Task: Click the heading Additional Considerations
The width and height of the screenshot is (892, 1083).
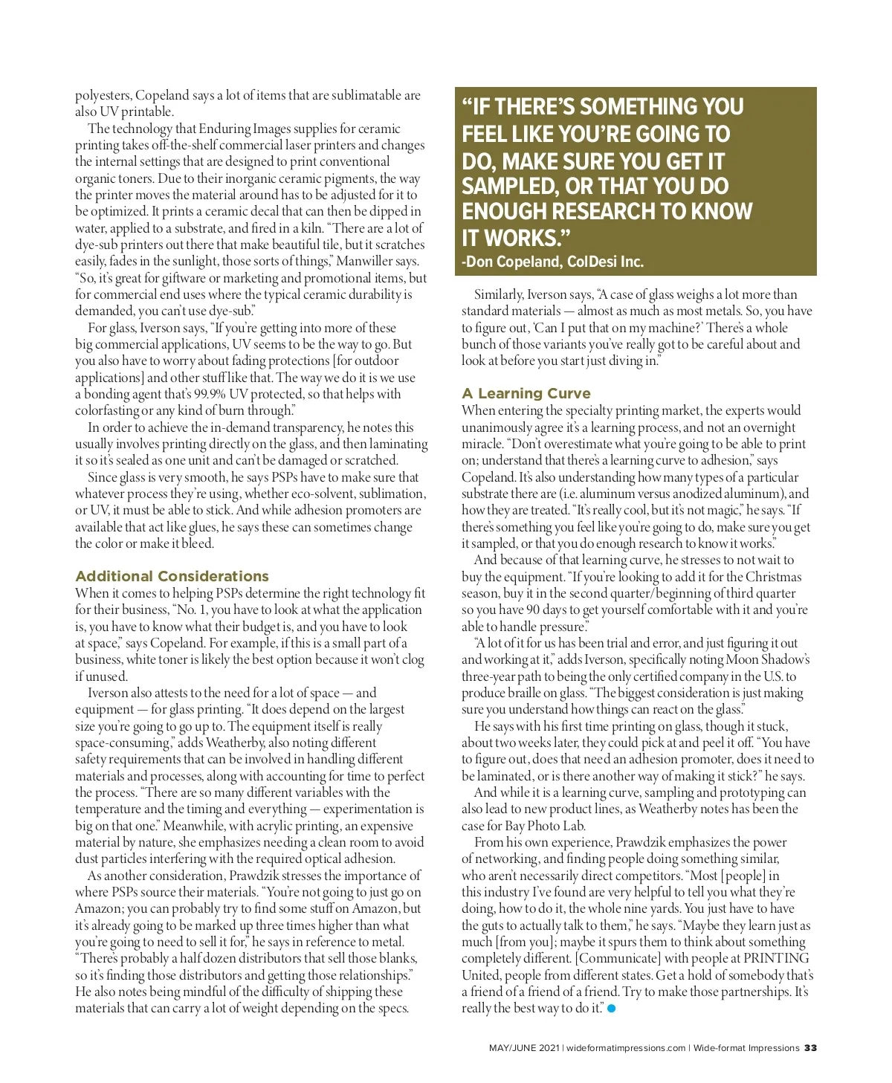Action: point(172,576)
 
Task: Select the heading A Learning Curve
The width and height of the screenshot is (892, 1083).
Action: point(526,393)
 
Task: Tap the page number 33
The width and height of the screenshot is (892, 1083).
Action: point(810,1048)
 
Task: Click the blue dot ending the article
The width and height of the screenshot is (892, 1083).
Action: point(612,1009)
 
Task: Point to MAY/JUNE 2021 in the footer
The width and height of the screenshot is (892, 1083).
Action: point(524,1048)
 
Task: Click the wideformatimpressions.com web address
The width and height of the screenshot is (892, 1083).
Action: point(626,1048)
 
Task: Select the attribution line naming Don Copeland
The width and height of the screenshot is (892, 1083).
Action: point(552,262)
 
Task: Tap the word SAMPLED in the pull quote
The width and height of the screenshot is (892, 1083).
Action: point(509,186)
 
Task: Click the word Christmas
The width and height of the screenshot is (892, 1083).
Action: point(773,577)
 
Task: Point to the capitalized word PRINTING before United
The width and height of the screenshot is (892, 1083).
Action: point(776,959)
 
